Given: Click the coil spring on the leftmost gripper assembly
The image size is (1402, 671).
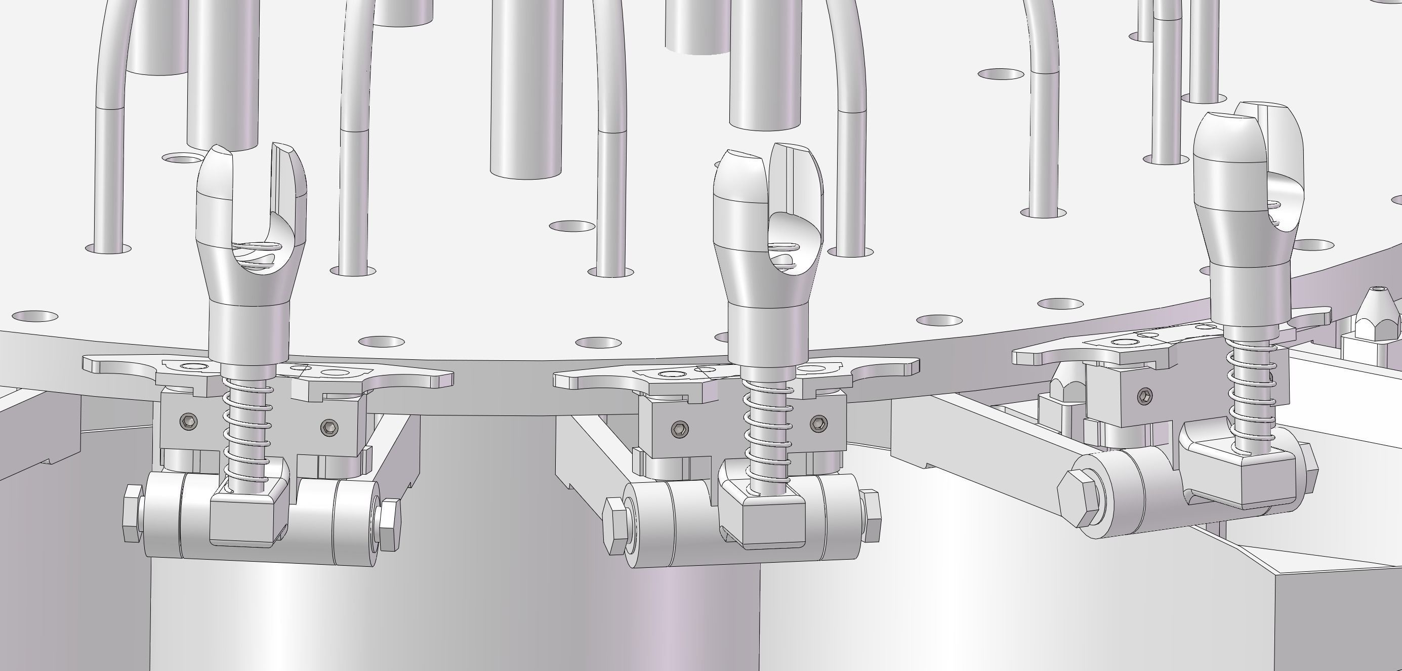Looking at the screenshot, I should tap(246, 430).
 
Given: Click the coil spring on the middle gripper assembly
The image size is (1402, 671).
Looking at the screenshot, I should tap(768, 430).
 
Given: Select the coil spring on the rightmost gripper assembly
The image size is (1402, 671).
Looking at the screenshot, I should tap(1252, 397).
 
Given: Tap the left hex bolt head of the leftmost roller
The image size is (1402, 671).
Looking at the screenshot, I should tap(132, 514).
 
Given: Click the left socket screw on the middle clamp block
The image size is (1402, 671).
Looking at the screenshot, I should tap(679, 429).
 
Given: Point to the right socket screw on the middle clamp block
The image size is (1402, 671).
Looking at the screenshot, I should tap(818, 423).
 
